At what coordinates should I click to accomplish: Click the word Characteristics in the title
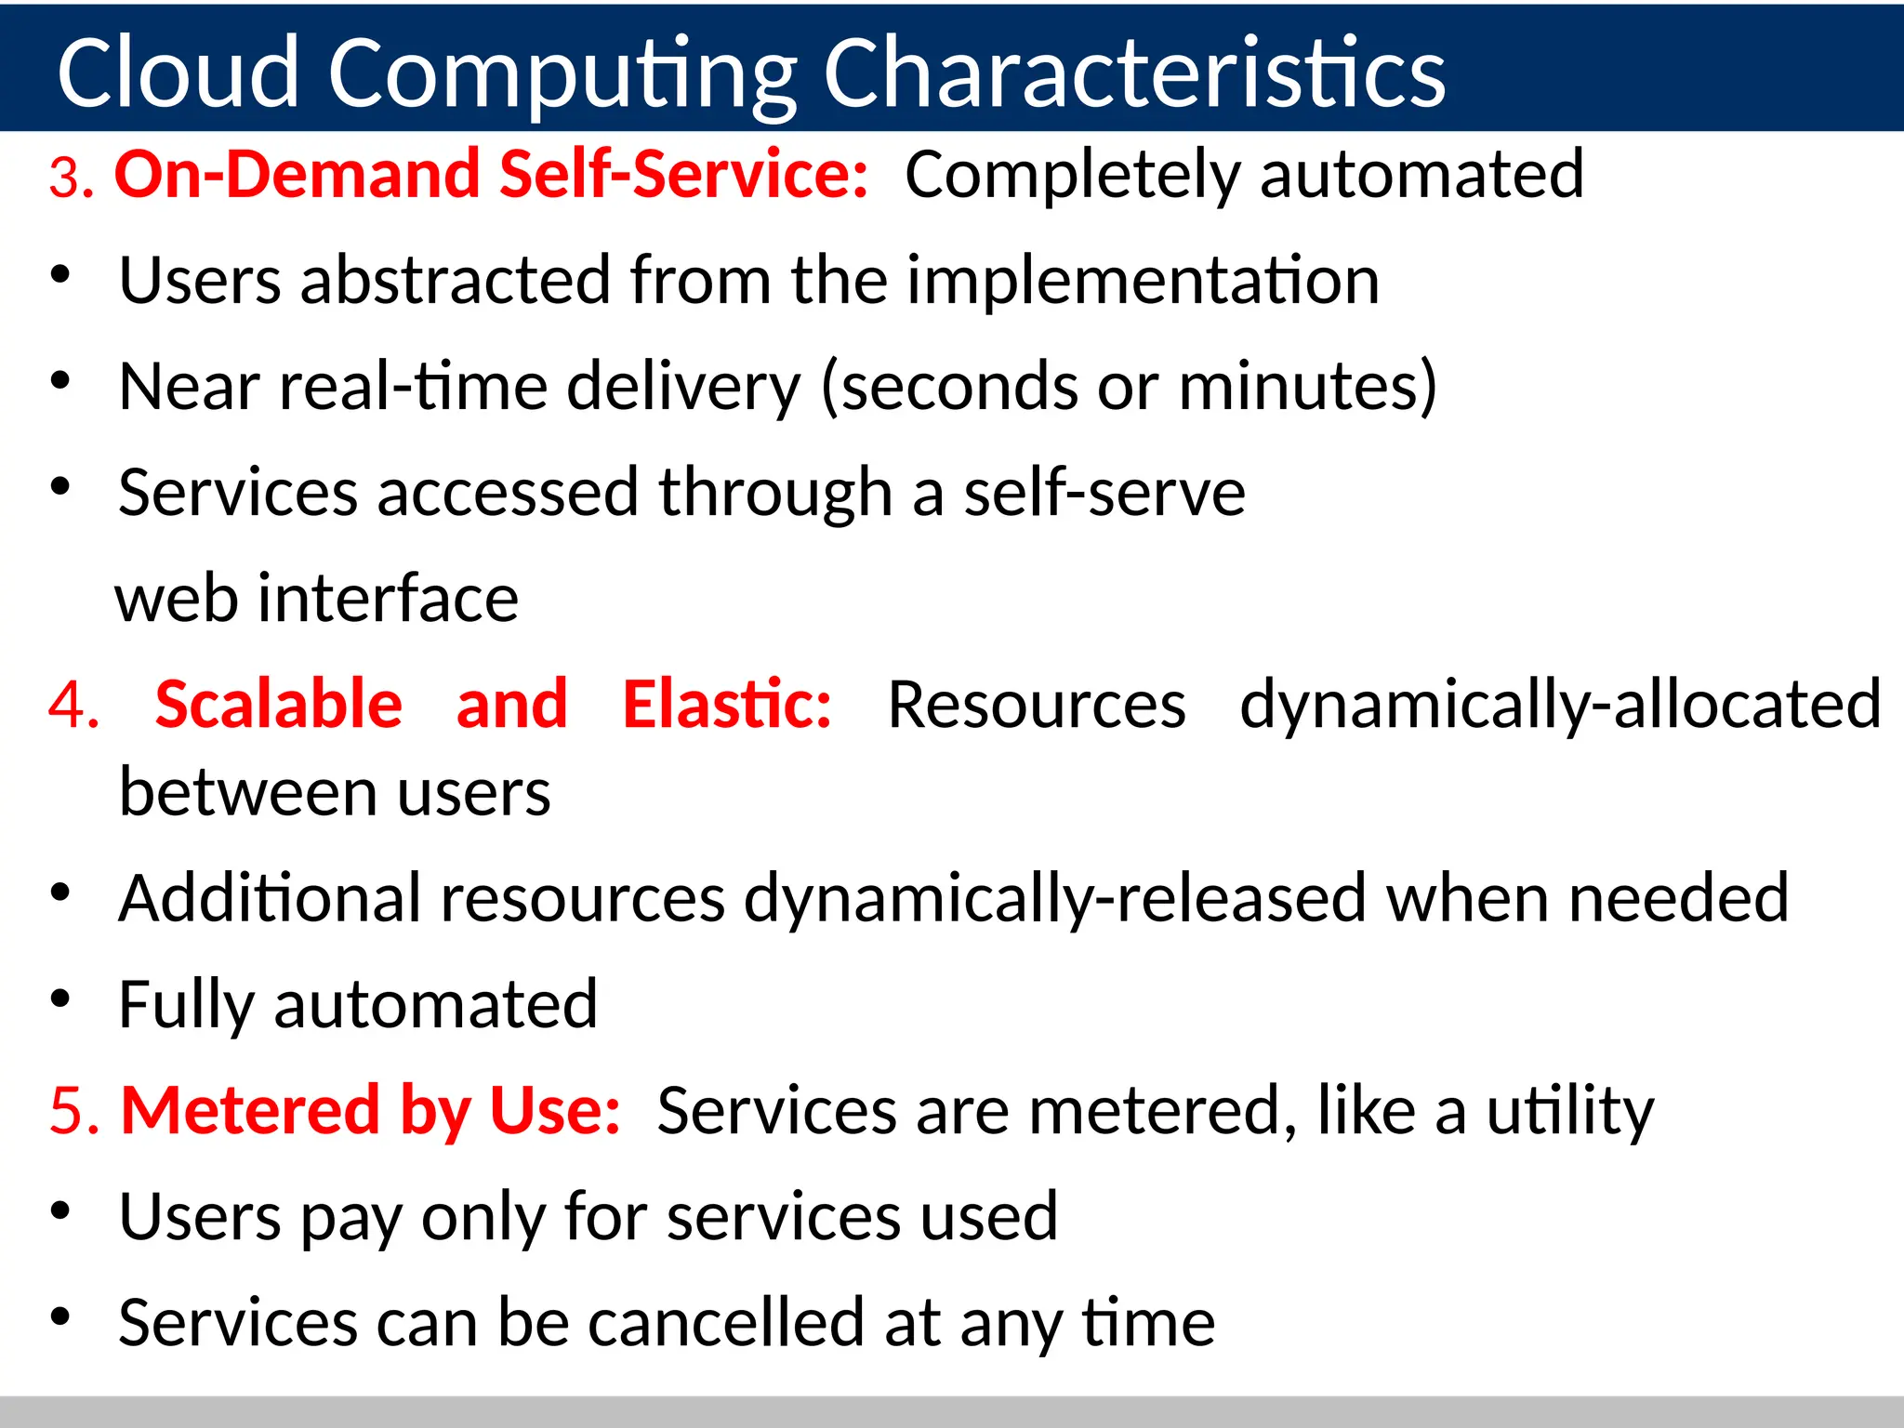pyautogui.click(x=1134, y=73)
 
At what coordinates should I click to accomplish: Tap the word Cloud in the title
pyautogui.click(x=178, y=73)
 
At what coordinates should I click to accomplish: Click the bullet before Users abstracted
pyautogui.click(x=60, y=275)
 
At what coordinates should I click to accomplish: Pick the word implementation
pyautogui.click(x=1143, y=280)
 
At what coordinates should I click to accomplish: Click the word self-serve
pyautogui.click(x=1104, y=492)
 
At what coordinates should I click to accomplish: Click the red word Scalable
pyautogui.click(x=278, y=704)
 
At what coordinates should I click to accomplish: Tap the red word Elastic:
pyautogui.click(x=727, y=704)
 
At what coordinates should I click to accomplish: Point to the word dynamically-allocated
pyautogui.click(x=1560, y=704)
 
